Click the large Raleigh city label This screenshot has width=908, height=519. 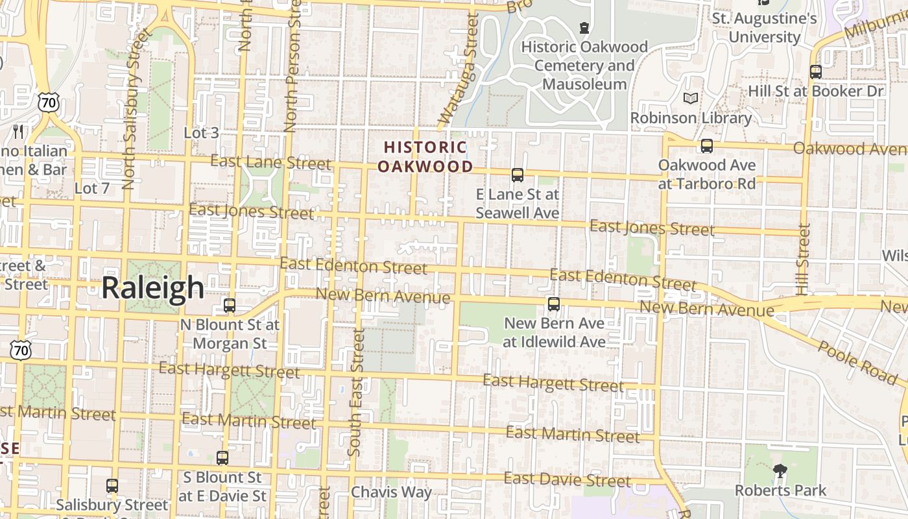click(152, 287)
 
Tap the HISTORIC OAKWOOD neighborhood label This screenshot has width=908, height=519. click(425, 157)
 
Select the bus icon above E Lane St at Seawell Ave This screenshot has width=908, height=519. click(517, 175)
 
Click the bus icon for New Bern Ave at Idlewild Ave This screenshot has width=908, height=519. click(553, 304)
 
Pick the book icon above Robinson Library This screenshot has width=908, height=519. click(691, 98)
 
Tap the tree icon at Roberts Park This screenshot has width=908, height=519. click(780, 470)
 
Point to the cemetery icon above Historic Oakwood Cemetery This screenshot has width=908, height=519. click(584, 28)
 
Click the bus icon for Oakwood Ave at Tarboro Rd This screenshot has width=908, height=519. click(706, 146)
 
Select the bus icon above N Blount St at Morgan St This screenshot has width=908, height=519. click(229, 305)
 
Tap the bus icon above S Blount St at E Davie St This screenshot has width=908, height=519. click(222, 457)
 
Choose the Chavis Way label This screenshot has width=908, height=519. click(391, 492)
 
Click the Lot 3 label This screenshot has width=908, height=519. click(201, 133)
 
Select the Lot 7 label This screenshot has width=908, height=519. click(92, 189)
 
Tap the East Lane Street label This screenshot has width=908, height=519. click(270, 162)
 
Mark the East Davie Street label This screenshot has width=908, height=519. click(567, 480)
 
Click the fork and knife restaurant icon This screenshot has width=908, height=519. click(18, 132)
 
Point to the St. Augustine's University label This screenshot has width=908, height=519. click(764, 27)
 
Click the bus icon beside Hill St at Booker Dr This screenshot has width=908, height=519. click(815, 72)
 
